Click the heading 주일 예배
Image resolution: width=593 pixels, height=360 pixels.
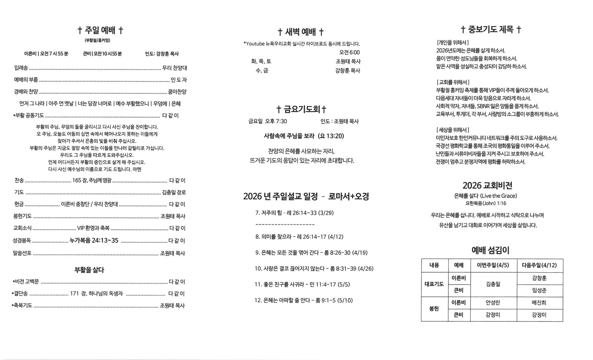(x=100, y=30)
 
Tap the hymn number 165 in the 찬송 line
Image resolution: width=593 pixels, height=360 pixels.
(x=77, y=180)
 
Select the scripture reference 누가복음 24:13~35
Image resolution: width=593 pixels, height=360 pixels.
(x=94, y=241)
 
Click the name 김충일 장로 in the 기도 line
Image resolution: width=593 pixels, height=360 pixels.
(x=174, y=192)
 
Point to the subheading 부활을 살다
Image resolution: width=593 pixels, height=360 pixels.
(x=89, y=270)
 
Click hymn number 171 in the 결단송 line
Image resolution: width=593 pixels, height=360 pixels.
(x=74, y=294)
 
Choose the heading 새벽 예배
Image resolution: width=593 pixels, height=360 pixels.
(x=301, y=31)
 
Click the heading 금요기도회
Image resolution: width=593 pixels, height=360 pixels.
(x=301, y=109)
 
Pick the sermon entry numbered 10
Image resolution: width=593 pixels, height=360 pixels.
(x=314, y=269)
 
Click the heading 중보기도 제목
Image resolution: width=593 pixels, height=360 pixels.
(x=491, y=30)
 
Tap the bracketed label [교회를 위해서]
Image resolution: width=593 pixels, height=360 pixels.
(x=453, y=82)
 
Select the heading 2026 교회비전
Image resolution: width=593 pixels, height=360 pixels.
(x=487, y=185)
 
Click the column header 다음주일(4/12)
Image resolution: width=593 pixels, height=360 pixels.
(x=539, y=265)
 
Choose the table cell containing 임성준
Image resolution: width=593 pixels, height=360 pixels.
(x=539, y=290)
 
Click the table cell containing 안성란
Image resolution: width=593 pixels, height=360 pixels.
(x=493, y=303)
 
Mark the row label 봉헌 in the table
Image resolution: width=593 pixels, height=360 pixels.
(x=434, y=309)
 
